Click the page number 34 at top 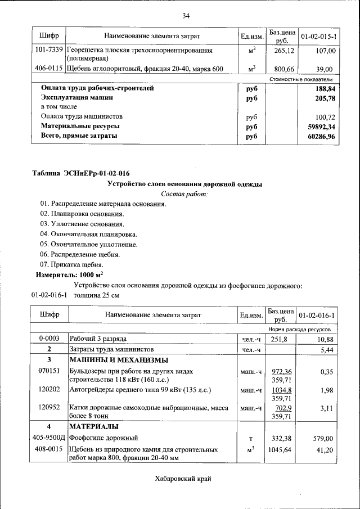click(186, 15)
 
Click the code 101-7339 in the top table click(48, 51)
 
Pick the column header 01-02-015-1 click(318, 36)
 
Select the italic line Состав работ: click(184, 193)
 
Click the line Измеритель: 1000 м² click(69, 275)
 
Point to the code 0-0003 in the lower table click(48, 339)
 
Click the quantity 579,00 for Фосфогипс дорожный click(323, 438)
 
